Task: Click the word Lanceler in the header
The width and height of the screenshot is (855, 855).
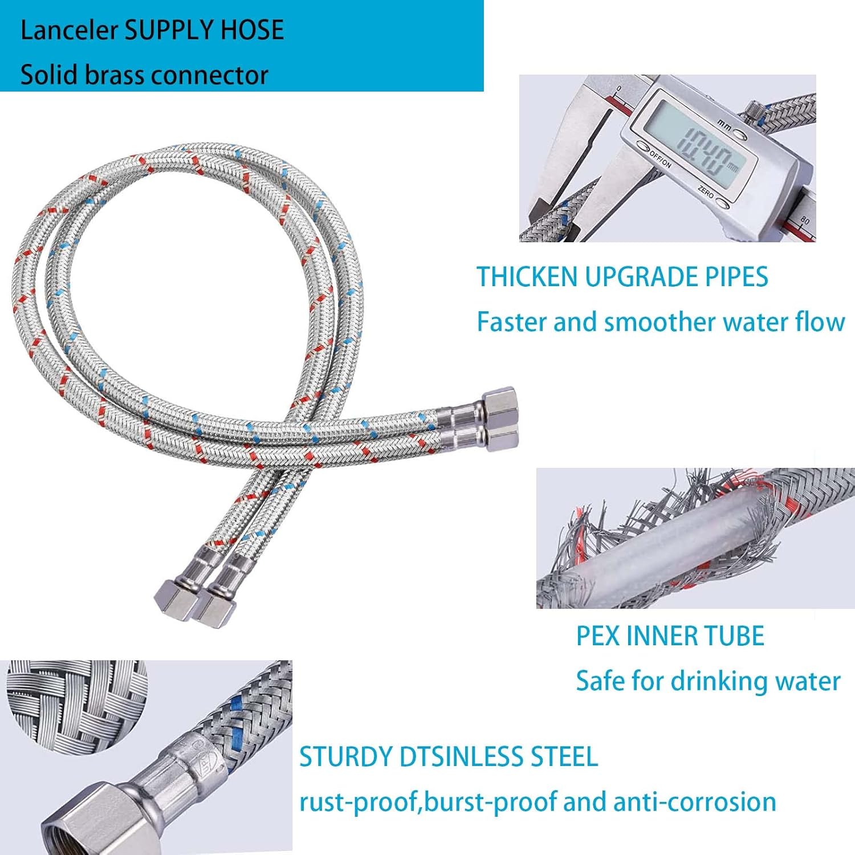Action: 69,30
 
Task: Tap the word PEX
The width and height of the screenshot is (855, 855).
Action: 598,636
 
